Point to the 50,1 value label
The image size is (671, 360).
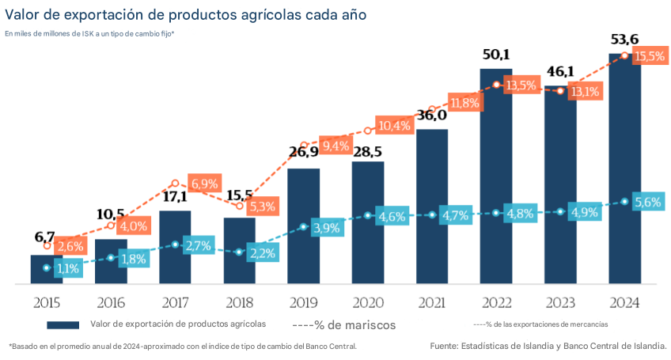click(x=497, y=55)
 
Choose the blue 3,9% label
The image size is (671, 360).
click(x=327, y=228)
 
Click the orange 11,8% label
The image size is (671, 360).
click(x=464, y=103)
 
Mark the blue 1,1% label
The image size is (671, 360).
click(x=68, y=268)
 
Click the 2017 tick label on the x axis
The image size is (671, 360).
click(x=175, y=302)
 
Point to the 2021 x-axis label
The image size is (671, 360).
click(x=432, y=302)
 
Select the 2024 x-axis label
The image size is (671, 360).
click(x=625, y=302)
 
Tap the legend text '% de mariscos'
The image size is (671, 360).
click(x=344, y=324)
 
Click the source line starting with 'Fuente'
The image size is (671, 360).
click(x=548, y=346)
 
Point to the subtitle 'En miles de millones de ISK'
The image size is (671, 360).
click(x=89, y=33)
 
